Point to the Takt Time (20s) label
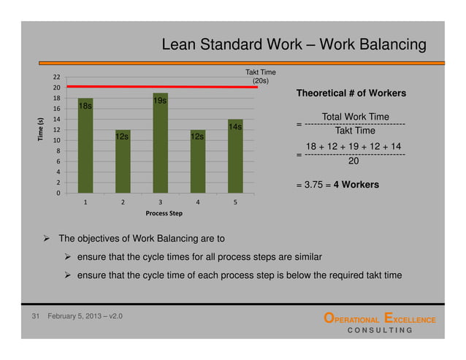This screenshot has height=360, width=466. [260, 77]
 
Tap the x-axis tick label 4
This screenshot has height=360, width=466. [198, 202]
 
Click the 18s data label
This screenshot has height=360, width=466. [85, 107]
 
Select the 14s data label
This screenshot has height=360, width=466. [234, 128]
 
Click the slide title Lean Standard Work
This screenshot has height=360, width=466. [294, 46]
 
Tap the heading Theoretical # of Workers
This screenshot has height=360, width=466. [351, 93]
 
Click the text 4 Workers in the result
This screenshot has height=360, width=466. [356, 185]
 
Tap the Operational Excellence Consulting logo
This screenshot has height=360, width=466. [379, 324]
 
